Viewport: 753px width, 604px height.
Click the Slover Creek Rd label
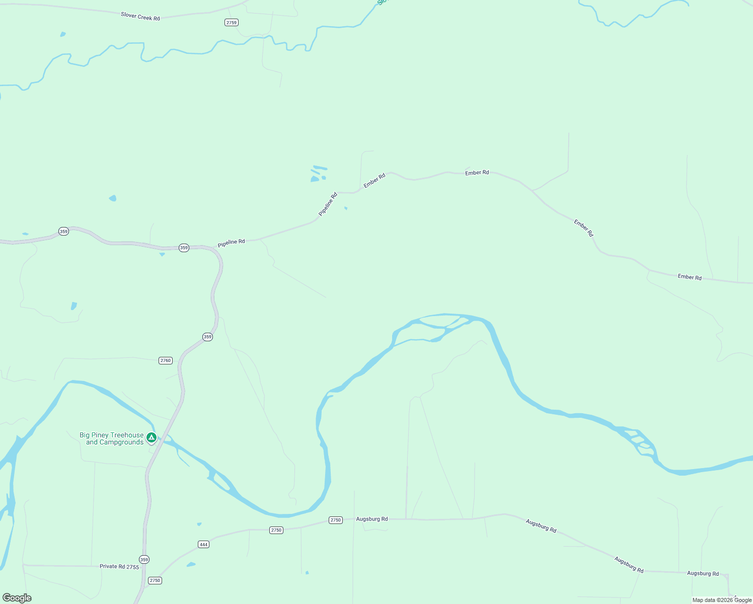[x=140, y=17]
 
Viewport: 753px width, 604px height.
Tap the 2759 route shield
[x=232, y=23]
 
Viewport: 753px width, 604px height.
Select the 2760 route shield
[x=166, y=360]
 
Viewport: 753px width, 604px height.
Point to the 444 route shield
[x=203, y=544]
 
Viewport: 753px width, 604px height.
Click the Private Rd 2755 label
[x=119, y=566]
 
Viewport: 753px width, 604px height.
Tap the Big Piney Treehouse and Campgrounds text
[x=112, y=438]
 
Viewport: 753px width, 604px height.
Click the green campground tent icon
[x=151, y=437]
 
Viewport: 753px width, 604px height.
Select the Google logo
[x=17, y=598]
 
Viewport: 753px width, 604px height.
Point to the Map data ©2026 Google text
[x=722, y=600]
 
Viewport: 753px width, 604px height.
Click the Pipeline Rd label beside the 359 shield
[x=231, y=243]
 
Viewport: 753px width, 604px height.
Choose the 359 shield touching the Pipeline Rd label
[x=184, y=248]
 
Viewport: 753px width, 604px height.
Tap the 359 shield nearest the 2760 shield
[x=207, y=337]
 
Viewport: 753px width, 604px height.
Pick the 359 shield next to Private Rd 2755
[x=144, y=559]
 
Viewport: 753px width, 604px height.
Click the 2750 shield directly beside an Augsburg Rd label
[x=336, y=520]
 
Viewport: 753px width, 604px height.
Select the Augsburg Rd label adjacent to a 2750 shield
[x=371, y=519]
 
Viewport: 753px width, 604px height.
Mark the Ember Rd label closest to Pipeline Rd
[x=374, y=180]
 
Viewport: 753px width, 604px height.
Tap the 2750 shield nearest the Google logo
[x=155, y=580]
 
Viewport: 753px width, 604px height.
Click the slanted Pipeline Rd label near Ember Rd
[x=328, y=204]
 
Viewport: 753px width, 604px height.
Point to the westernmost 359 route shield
[x=63, y=232]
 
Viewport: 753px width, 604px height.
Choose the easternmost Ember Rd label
[x=689, y=277]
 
